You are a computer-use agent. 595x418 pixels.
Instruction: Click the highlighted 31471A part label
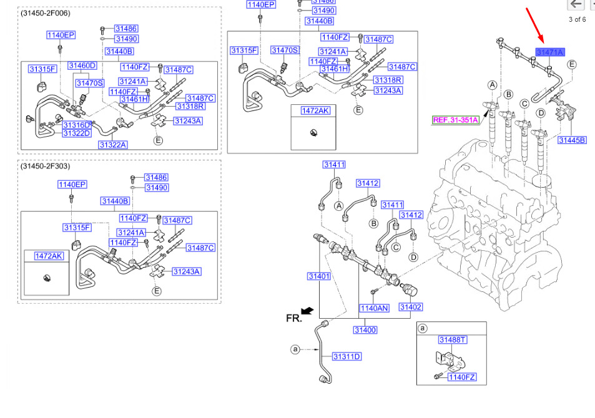550,52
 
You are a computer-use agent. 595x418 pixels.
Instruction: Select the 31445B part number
572,140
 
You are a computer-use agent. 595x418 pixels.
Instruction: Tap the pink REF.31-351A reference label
455,120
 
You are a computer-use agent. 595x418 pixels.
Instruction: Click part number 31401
319,276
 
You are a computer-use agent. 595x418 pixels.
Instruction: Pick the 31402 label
411,307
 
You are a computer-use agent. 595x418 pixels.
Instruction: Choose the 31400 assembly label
365,330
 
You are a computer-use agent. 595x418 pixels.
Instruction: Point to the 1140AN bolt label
374,308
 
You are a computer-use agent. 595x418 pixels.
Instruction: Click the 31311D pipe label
347,357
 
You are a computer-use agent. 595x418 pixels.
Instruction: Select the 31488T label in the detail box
452,340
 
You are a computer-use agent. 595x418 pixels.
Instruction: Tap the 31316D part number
77,125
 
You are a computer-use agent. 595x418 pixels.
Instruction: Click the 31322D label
77,133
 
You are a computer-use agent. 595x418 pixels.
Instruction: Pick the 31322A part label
113,145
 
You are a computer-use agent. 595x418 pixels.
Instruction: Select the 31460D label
82,66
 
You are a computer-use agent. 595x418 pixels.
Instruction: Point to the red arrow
535,26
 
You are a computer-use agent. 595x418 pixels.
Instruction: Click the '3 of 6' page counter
577,19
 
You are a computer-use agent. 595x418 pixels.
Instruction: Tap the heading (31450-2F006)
46,13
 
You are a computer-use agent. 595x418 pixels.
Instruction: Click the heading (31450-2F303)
46,166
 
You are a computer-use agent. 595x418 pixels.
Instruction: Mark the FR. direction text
293,318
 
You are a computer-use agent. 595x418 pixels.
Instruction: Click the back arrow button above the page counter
576,4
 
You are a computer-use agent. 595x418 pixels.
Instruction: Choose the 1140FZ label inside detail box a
462,377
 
